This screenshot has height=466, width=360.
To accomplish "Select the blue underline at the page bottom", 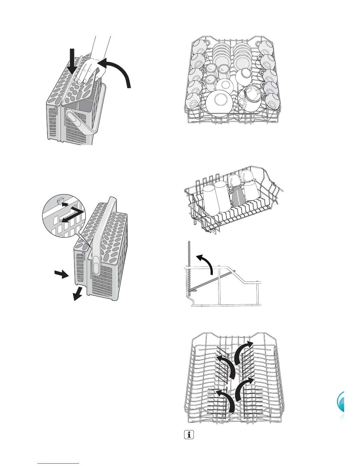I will pyautogui.click(x=59, y=464).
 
